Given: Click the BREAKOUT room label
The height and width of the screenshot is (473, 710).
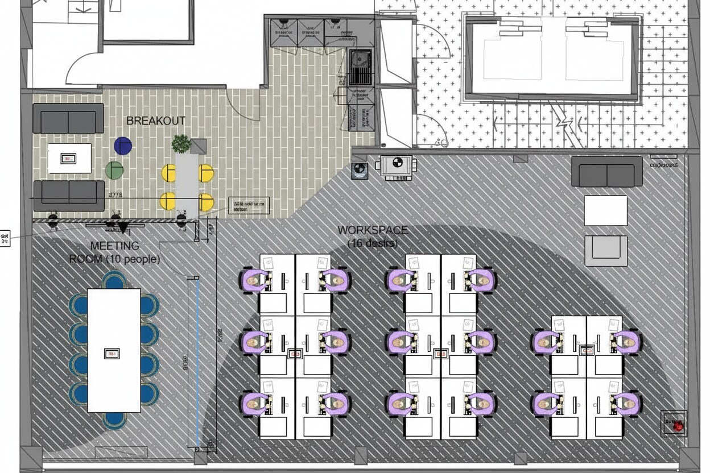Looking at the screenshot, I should click(x=155, y=121).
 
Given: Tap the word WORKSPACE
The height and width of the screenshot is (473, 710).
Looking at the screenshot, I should click(x=373, y=230).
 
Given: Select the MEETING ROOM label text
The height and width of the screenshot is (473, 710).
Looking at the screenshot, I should click(x=114, y=252).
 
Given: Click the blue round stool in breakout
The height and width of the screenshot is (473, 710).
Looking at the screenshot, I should click(x=123, y=146).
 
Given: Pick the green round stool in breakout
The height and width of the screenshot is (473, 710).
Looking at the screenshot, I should click(x=114, y=170).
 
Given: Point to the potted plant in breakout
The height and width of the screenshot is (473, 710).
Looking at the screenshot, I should click(x=181, y=143).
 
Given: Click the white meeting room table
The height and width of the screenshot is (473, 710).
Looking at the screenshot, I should click(x=114, y=350).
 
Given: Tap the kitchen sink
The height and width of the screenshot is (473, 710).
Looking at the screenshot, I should click(x=360, y=67).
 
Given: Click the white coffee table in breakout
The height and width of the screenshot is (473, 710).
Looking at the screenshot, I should click(x=69, y=158).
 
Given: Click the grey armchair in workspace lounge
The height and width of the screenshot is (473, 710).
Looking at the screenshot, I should click(x=606, y=251).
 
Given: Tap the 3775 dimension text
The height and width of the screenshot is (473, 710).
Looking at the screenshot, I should click(x=115, y=195).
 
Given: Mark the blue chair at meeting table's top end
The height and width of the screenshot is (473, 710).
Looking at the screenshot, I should click(x=114, y=280).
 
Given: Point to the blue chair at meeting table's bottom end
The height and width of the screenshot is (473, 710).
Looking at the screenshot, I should click(x=114, y=420).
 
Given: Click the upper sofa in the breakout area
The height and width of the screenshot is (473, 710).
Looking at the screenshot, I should click(x=68, y=118).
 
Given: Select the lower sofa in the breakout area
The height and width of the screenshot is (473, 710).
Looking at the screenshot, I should click(x=69, y=195).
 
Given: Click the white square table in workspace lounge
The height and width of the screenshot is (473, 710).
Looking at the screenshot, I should click(x=606, y=210).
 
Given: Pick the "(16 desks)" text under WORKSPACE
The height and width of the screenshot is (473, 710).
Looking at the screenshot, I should click(x=373, y=243).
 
